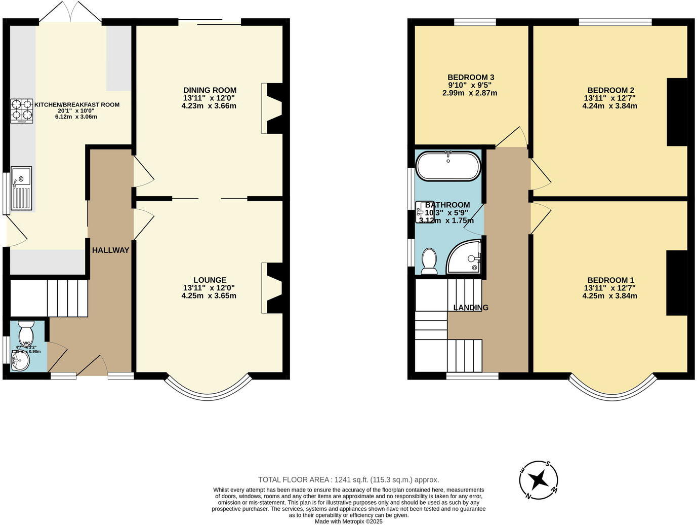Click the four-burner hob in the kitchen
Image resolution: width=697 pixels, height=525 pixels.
pos(22,111)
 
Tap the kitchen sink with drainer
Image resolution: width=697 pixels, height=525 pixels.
pos(22,189)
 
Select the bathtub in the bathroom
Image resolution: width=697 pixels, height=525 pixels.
pos(448,166)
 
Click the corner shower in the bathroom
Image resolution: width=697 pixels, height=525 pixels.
pos(465,258)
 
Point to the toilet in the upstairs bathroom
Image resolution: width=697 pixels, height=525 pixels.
pos(429,261)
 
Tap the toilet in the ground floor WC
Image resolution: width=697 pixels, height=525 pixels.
pos(25,333)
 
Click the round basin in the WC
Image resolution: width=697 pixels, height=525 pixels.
pos(20,361)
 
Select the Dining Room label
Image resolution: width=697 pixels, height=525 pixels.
pos(210,91)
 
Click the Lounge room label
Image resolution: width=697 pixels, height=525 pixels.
pos(210,280)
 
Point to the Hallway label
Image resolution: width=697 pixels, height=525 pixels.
pos(110,250)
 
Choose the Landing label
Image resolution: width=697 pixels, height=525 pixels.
pos(471,308)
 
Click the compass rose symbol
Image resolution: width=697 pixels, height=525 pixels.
pos(539,479)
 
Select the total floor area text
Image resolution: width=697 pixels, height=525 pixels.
pos(348,479)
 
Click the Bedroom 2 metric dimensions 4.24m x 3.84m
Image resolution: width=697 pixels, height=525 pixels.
pos(609,106)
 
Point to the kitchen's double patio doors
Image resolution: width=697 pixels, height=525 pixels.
pos(70,11)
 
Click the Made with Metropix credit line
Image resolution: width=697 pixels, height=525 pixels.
pos(348,521)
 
